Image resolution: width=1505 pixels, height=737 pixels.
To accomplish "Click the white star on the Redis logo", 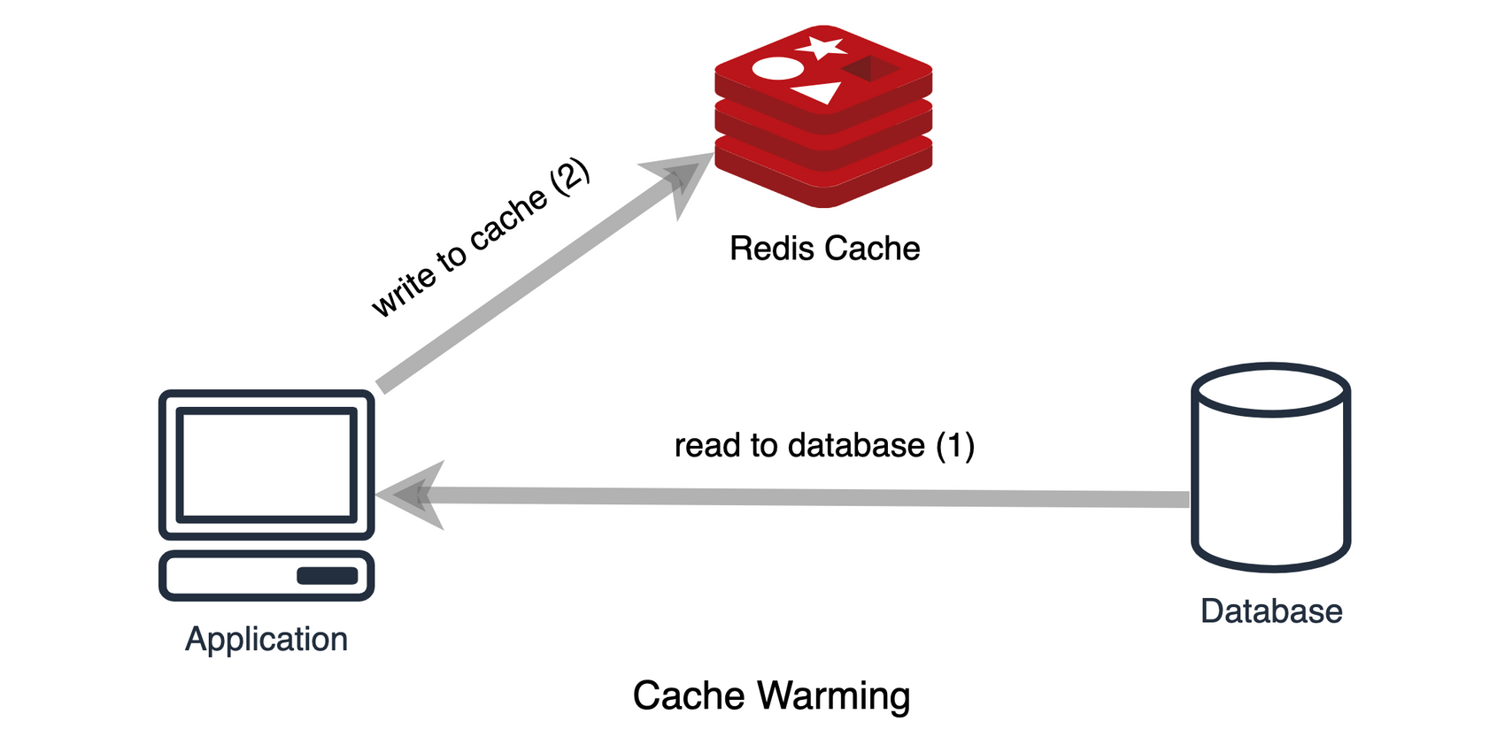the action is pos(821,48).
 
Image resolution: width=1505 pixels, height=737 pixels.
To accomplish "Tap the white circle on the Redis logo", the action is pos(778,68).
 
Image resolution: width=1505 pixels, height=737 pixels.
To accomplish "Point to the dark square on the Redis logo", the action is pos(871,68).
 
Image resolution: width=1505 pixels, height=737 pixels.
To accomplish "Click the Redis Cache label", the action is pos(824,249).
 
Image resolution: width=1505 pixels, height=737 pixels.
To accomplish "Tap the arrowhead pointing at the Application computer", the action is pos(411,495).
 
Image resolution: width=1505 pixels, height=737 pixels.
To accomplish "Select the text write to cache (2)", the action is pos(481,238).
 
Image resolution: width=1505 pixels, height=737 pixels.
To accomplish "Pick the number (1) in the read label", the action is pos(954,446).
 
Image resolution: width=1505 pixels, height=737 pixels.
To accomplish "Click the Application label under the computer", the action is pos(266,640).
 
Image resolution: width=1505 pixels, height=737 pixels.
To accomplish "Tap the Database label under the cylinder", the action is pos(1271,611).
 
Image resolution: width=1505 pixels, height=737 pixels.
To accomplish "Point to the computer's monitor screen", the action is pos(266,464).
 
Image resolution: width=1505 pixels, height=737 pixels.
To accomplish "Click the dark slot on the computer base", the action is pos(328,576).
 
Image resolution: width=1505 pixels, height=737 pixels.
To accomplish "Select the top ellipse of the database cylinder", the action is pos(1271,390).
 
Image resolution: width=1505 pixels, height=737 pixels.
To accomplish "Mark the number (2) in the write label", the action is pos(570,177).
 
